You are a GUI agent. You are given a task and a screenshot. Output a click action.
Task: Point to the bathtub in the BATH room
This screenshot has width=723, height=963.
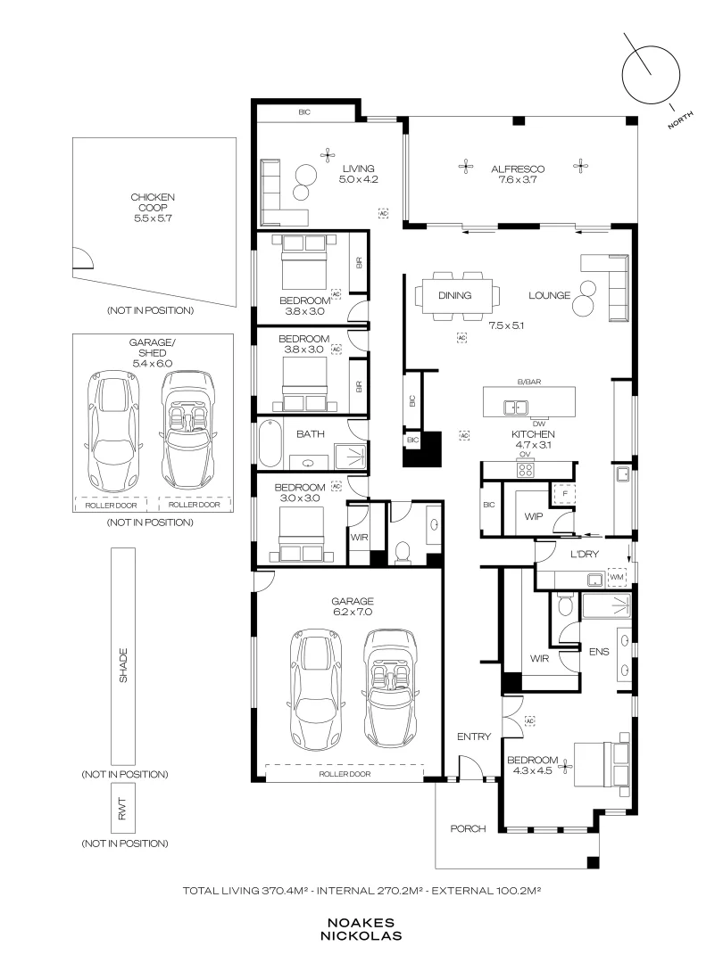click(x=268, y=444)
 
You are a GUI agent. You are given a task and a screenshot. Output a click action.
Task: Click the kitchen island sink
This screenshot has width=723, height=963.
click(x=515, y=407)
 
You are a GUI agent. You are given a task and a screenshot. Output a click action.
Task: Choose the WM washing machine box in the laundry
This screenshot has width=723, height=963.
click(x=617, y=577)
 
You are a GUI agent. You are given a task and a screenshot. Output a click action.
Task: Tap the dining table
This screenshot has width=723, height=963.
click(x=456, y=297)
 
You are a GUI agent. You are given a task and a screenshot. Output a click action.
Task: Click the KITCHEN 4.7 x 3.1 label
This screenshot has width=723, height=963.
click(x=532, y=439)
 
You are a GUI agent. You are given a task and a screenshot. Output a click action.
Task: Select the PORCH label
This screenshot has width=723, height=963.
click(x=468, y=828)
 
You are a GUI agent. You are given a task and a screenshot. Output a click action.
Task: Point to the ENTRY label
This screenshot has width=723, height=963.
click(x=474, y=737)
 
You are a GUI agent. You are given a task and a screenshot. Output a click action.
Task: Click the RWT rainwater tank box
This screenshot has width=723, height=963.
click(x=123, y=810)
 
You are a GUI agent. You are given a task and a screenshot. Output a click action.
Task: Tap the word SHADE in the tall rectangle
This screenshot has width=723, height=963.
click(x=123, y=665)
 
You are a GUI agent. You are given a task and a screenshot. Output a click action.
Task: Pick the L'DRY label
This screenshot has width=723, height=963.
click(x=584, y=554)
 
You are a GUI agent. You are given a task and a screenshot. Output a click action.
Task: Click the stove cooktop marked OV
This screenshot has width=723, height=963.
click(x=525, y=470)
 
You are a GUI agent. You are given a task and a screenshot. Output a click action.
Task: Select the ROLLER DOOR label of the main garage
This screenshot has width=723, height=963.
click(x=345, y=774)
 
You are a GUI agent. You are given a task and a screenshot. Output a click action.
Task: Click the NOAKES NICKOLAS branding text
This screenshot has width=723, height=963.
click(x=361, y=929)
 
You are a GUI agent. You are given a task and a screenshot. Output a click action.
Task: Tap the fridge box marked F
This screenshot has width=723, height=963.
click(x=564, y=494)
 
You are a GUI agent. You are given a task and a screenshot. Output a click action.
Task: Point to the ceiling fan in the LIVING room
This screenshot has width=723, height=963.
click(x=328, y=155)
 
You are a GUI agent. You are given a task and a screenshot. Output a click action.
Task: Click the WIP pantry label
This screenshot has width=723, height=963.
click(x=533, y=516)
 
